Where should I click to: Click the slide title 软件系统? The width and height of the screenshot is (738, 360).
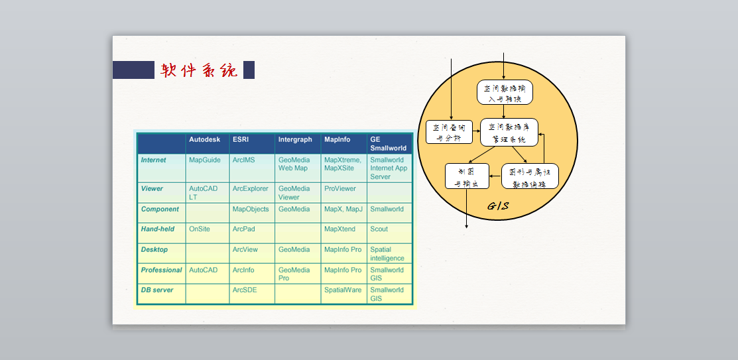[199, 70]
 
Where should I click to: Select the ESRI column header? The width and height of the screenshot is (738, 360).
[240, 140]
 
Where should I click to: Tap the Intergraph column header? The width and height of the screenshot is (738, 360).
[295, 140]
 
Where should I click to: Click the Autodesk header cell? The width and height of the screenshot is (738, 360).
[204, 140]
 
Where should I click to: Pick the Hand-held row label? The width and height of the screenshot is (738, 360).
[158, 229]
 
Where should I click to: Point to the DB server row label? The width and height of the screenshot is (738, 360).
[156, 290]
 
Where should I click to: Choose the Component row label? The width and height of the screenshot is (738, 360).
[160, 210]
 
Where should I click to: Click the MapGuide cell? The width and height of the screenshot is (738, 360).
[204, 160]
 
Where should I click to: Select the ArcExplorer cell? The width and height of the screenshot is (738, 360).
[251, 189]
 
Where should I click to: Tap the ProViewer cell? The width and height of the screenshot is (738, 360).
[339, 189]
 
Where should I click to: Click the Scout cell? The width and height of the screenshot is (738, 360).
[379, 229]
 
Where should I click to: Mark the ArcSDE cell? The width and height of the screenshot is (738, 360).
[244, 290]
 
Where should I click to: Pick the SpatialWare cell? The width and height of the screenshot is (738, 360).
[343, 290]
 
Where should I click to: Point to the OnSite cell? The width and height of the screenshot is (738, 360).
[199, 229]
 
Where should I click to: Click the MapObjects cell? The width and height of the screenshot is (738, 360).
[251, 210]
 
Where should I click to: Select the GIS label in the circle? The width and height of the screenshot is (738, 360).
[499, 206]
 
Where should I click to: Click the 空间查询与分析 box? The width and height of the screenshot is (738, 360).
[449, 132]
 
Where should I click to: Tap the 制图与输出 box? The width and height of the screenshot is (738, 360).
[467, 176]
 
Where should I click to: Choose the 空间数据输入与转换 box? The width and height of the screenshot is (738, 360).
[505, 93]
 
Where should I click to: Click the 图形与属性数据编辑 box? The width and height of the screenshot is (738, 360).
[530, 176]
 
